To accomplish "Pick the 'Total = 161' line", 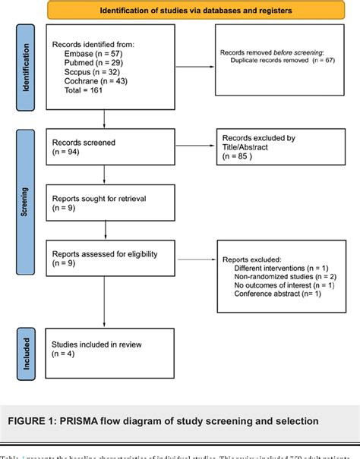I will (81, 98).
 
